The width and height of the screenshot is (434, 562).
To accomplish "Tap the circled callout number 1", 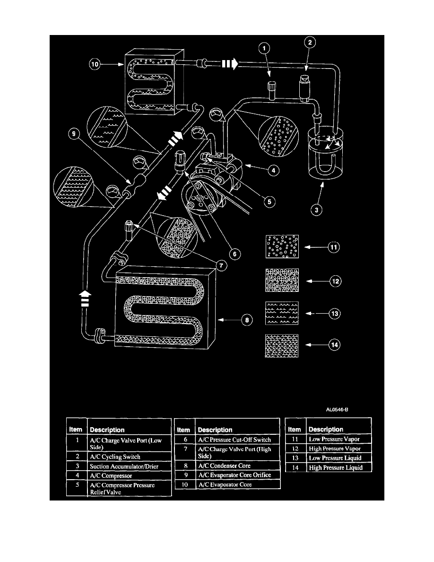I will click(x=265, y=48).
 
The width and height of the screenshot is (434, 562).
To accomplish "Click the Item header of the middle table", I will click(x=183, y=430).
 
